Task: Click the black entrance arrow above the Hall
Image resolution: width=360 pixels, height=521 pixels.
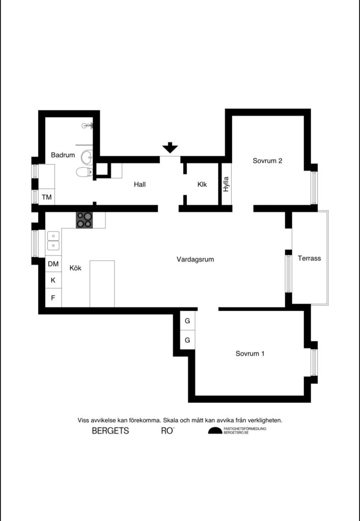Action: pyautogui.click(x=170, y=148)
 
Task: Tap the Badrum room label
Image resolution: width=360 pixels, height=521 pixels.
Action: pyautogui.click(x=63, y=155)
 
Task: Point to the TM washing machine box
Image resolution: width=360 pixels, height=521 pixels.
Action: pyautogui.click(x=47, y=197)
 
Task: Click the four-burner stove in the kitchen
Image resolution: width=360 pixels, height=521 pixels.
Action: pyautogui.click(x=85, y=220)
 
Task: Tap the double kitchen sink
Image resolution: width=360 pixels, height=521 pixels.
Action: pyautogui.click(x=53, y=241)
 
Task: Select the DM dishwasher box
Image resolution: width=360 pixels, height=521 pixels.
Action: pyautogui.click(x=53, y=264)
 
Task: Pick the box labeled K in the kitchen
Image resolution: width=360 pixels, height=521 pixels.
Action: pyautogui.click(x=53, y=280)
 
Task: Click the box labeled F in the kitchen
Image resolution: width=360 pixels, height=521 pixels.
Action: pyautogui.click(x=53, y=298)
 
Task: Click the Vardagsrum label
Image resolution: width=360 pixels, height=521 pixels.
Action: pyautogui.click(x=195, y=259)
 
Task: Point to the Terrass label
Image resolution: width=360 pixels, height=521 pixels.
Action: pyautogui.click(x=310, y=258)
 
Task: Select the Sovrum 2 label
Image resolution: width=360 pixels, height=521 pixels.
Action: pyautogui.click(x=267, y=161)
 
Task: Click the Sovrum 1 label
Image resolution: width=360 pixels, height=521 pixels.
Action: pyautogui.click(x=250, y=353)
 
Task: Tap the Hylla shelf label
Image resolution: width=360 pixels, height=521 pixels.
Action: pyautogui.click(x=226, y=184)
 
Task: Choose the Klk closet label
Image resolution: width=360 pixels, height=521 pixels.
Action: pyautogui.click(x=202, y=185)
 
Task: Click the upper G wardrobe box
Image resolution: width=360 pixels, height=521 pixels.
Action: pyautogui.click(x=187, y=321)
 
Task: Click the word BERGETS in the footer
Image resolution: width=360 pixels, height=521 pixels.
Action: pyautogui.click(x=110, y=431)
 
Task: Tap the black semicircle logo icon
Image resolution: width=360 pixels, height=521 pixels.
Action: pyautogui.click(x=215, y=431)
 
